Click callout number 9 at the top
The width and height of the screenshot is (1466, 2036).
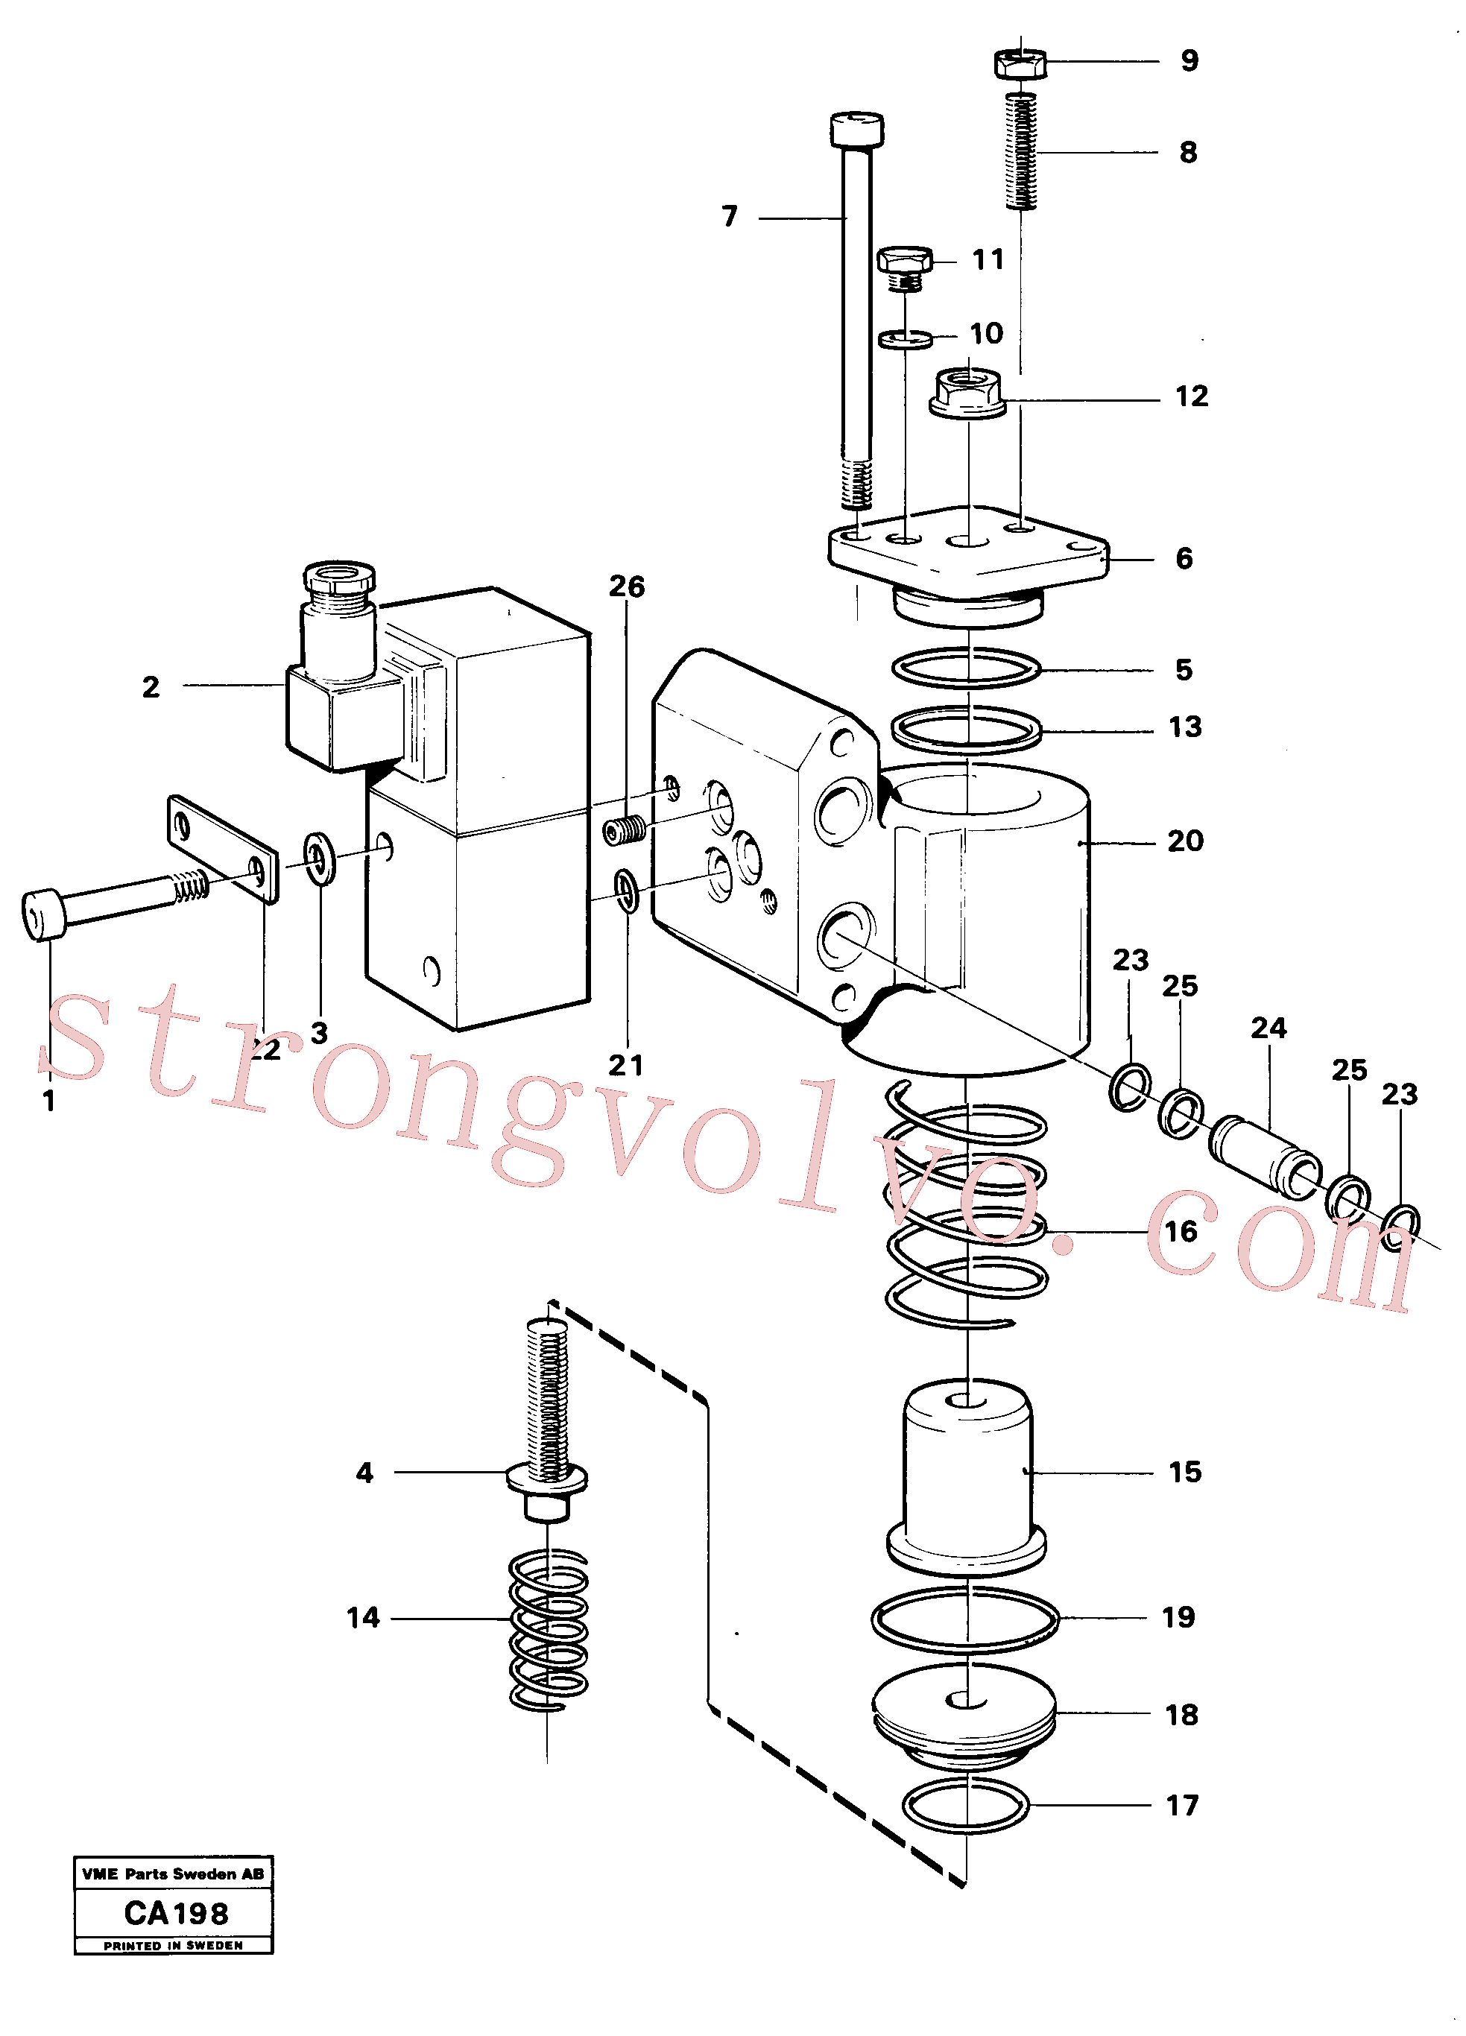(1189, 60)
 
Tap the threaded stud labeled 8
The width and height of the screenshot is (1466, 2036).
(1021, 151)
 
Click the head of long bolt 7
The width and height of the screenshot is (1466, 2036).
(857, 129)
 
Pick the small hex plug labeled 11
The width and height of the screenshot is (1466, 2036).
(905, 268)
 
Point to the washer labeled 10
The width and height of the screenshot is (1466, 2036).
(905, 338)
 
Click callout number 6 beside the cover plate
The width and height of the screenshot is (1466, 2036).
(1184, 558)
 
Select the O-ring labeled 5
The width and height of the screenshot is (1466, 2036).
(967, 668)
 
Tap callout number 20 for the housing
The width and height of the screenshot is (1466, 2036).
(1185, 841)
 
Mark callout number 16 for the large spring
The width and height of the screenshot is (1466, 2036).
(1181, 1232)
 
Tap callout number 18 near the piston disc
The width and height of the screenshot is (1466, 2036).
(1181, 1716)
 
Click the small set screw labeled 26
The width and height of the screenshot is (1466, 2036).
(624, 831)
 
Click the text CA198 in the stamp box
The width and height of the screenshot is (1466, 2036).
(176, 1913)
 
